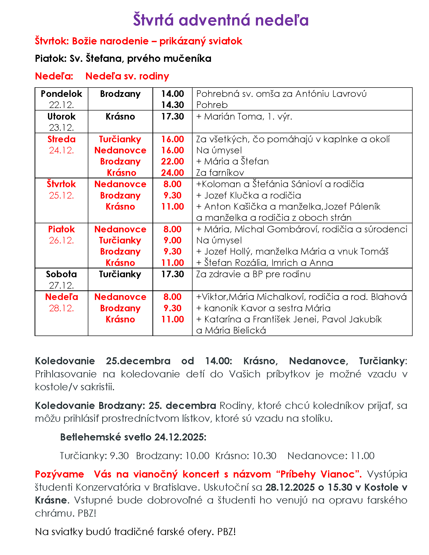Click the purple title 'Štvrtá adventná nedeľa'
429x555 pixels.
click(221, 20)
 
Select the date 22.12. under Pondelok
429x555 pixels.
click(62, 105)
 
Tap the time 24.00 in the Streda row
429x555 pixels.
click(172, 173)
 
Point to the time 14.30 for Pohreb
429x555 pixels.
click(172, 105)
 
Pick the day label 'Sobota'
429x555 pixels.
click(62, 274)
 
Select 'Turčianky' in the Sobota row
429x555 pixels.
click(120, 274)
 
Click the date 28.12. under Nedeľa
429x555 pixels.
click(62, 308)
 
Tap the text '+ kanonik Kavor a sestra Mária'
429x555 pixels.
click(263, 308)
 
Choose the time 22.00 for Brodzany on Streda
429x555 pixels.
click(172, 161)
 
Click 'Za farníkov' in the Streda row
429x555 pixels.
click(220, 173)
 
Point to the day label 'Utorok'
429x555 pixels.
click(62, 117)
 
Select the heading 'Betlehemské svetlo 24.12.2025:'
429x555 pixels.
click(133, 437)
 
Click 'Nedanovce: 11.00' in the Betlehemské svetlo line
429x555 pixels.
click(331, 456)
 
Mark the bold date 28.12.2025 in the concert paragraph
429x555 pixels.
click(290, 487)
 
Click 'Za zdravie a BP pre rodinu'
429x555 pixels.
click(253, 274)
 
